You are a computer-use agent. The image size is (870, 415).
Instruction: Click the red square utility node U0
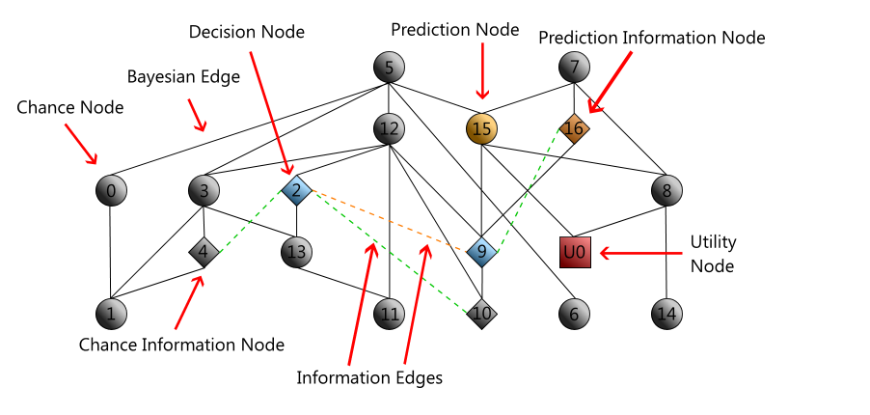(575, 252)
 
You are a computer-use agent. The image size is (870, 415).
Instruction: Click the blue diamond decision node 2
(296, 190)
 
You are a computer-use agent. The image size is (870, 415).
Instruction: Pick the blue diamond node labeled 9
(482, 252)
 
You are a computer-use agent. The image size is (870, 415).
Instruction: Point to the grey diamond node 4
(204, 253)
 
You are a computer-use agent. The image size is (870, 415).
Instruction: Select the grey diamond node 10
(482, 314)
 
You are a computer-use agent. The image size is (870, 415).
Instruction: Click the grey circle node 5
(389, 68)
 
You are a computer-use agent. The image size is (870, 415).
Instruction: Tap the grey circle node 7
(574, 68)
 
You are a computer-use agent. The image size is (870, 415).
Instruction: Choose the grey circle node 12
(389, 127)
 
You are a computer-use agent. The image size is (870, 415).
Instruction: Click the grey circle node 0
(111, 190)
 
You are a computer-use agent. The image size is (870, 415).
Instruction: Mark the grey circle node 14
(666, 314)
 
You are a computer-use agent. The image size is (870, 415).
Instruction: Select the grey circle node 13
(296, 253)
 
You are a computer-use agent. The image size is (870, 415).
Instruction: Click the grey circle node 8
(666, 190)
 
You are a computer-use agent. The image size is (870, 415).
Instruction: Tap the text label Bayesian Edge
(183, 77)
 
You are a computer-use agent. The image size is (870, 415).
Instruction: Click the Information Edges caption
(369, 377)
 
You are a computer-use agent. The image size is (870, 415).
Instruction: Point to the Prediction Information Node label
(651, 38)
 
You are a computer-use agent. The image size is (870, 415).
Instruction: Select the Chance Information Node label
(181, 344)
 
